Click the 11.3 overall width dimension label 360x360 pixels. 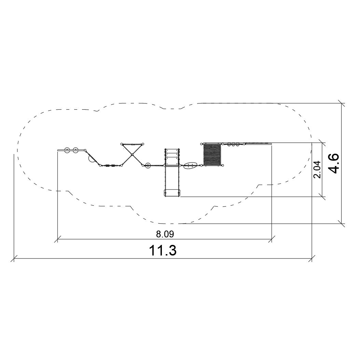pos(163,250)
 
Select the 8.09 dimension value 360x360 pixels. pos(165,234)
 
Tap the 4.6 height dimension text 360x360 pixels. pos(333,163)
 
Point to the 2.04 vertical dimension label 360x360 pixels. pos(317,169)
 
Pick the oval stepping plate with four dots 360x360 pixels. pos(190,165)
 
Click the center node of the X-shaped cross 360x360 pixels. pos(132,155)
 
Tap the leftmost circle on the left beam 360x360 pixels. pos(67,150)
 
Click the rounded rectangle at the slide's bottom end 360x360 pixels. pos(172,193)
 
